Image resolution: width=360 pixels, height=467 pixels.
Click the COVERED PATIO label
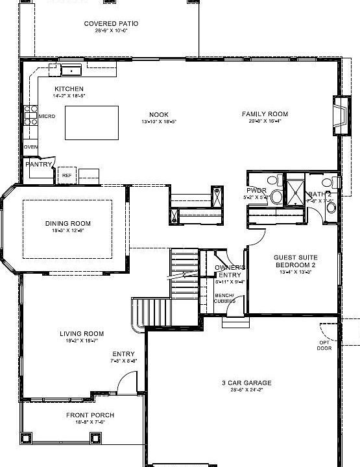click(111, 24)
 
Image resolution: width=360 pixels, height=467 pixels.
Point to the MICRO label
click(46, 116)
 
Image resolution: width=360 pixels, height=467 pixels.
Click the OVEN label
click(30, 147)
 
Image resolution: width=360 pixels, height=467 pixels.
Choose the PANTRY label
click(38, 165)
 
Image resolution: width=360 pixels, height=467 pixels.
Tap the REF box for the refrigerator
click(66, 175)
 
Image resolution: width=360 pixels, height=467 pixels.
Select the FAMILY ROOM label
click(265, 114)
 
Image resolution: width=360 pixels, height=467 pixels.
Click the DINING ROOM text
click(67, 224)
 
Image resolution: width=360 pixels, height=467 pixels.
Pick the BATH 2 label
click(320, 194)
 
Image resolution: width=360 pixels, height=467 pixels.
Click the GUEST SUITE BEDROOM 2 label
click(294, 261)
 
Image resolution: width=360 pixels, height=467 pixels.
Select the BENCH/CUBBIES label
click(224, 298)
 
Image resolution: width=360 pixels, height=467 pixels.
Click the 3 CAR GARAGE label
click(246, 383)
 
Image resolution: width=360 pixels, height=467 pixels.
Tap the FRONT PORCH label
click(90, 414)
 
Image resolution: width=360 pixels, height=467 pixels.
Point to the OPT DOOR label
click(324, 345)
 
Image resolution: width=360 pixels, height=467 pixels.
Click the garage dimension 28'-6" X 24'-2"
click(246, 390)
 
